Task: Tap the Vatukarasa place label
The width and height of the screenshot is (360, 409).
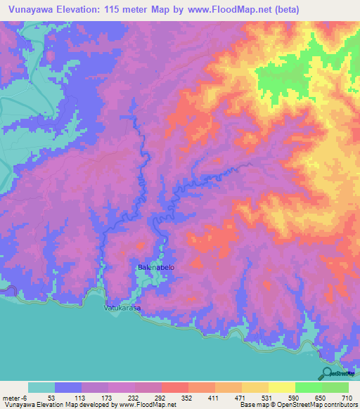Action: coord(122,308)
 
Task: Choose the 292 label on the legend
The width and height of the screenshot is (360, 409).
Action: coord(161,398)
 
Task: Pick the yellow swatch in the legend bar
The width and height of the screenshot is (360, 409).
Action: coord(281,387)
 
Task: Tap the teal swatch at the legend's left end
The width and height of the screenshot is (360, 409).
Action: coord(41,387)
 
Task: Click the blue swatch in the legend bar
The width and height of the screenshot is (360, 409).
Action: coord(68,387)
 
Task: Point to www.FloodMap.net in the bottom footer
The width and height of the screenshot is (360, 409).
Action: coord(147,405)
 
